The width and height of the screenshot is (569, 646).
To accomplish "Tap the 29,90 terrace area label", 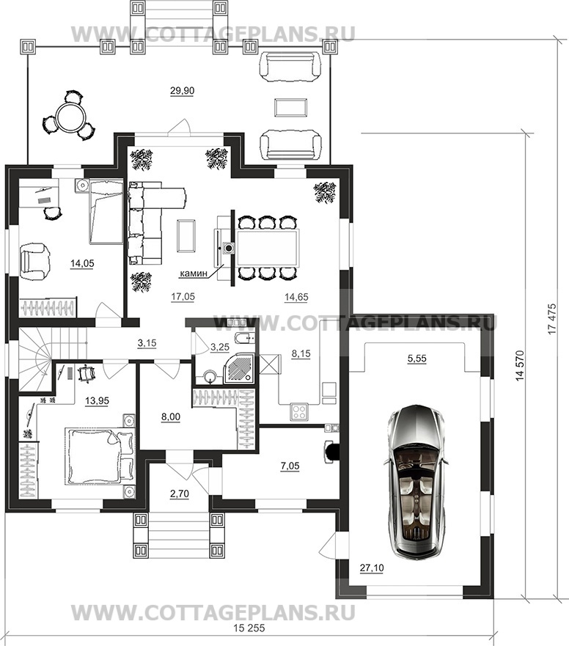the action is (182, 91).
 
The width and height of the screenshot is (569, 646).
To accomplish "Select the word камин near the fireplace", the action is (194, 273).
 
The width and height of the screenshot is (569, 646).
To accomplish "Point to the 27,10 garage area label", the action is (372, 568).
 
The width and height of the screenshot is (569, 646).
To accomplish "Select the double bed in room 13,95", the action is (100, 456).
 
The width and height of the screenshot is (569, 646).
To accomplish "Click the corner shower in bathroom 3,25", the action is (241, 367).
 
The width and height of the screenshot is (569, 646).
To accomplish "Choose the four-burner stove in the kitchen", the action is (300, 411).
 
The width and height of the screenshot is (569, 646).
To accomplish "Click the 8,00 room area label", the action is (171, 417).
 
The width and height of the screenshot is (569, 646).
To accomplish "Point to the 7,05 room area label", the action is (290, 466).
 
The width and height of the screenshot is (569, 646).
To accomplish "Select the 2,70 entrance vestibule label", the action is (179, 493).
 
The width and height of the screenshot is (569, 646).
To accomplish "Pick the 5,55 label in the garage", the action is (417, 359).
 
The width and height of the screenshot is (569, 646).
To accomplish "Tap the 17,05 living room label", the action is (183, 297).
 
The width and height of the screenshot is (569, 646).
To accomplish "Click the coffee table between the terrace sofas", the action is (290, 108).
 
